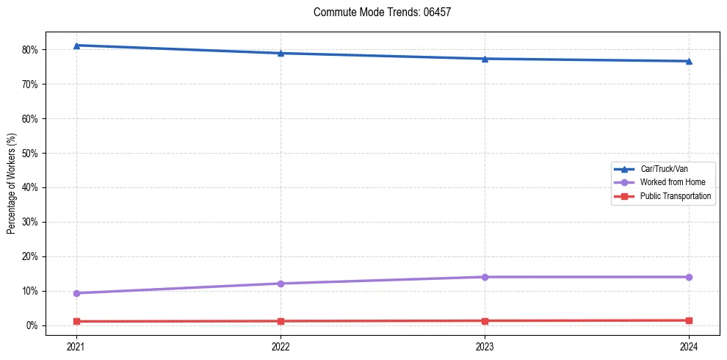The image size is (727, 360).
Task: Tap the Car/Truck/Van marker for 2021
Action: coord(76,46)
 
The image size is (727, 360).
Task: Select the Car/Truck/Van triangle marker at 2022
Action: coord(281,53)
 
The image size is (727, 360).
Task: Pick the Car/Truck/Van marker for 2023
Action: coord(485,59)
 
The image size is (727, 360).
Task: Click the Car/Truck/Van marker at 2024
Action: coord(689,61)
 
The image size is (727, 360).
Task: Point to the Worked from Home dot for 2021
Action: coord(76,293)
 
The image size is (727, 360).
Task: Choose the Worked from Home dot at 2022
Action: coord(281,284)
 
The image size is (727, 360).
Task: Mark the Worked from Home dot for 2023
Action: coord(485,277)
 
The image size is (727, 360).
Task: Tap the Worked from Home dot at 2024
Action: coord(689,277)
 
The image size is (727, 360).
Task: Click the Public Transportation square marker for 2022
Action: coord(281,321)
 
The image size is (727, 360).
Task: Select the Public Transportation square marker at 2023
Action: coord(485,321)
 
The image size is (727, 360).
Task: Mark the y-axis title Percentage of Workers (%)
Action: coord(11,184)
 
